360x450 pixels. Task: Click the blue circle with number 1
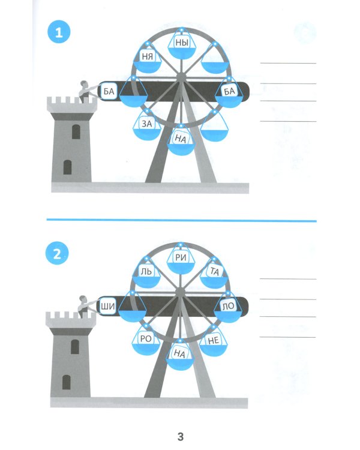coord(59,32)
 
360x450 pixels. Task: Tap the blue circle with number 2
coord(57,253)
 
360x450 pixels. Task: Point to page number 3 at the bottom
coord(180,436)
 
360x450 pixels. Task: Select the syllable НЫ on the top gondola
coord(182,43)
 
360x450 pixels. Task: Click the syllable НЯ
coord(147,56)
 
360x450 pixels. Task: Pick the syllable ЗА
coord(147,124)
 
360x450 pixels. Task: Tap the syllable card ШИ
coord(107,307)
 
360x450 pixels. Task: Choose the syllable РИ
coord(181,257)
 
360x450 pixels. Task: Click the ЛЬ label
coord(146,271)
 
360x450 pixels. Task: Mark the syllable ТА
coord(214,271)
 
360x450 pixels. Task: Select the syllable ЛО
coord(229,306)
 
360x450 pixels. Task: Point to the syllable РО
coord(146,338)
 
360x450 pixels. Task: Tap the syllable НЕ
coord(214,340)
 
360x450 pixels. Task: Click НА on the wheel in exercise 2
coord(180,353)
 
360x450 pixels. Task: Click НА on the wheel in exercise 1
coord(181,139)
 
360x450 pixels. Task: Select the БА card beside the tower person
coord(109,92)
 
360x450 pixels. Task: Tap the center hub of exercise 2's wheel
coord(180,292)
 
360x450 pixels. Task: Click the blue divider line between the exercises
coord(181,220)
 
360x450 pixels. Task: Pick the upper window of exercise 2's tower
coord(75,347)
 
